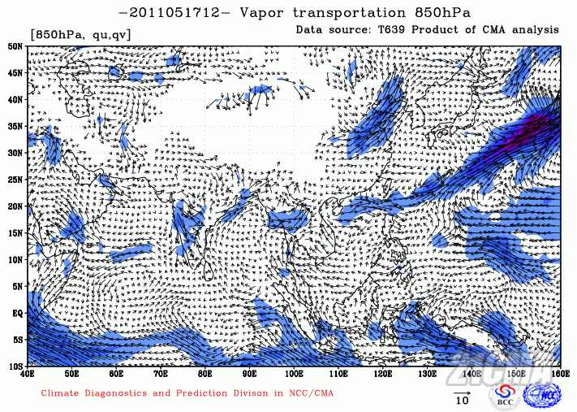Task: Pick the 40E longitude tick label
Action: (28, 374)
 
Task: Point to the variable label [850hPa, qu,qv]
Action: (80, 34)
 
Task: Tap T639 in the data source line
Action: (398, 29)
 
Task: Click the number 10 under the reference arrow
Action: (462, 401)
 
